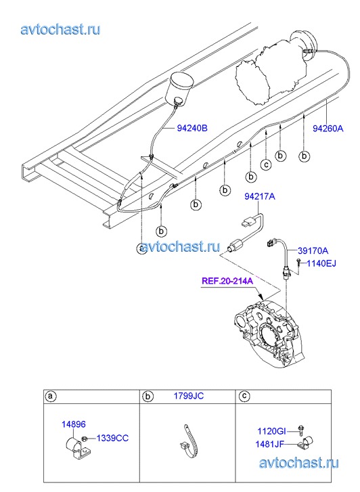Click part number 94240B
(192, 129)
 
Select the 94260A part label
(328, 129)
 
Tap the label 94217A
(260, 196)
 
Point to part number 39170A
(313, 250)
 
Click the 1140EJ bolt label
(321, 263)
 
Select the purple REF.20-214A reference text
(227, 281)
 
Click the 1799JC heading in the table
(189, 396)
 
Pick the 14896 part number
(74, 424)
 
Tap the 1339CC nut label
(112, 438)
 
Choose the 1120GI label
(272, 432)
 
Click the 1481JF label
(269, 444)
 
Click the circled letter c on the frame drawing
(266, 164)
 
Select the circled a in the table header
(51, 397)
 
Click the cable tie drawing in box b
(188, 440)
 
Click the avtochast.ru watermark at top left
(61, 30)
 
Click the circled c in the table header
(244, 397)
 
